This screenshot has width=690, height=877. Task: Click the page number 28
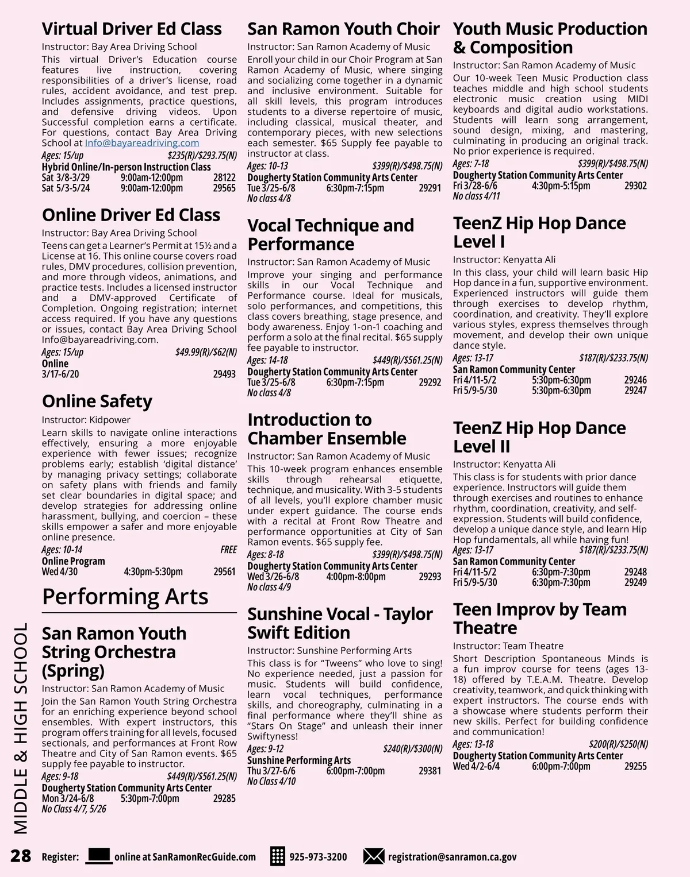pyautogui.click(x=21, y=856)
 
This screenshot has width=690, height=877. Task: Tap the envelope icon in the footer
pyautogui.click(x=373, y=856)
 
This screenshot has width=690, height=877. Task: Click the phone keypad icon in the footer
pyautogui.click(x=277, y=856)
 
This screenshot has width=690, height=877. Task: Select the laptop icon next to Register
pyautogui.click(x=98, y=856)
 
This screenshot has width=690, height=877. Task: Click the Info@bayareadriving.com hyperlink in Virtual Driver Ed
pyautogui.click(x=141, y=143)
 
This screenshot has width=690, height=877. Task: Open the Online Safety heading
pyautogui.click(x=97, y=401)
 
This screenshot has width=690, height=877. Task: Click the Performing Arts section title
pyautogui.click(x=125, y=597)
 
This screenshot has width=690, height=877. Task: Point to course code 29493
pyautogui.click(x=224, y=374)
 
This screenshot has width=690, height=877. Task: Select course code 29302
pyautogui.click(x=635, y=186)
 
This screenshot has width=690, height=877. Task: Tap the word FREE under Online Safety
pyautogui.click(x=228, y=550)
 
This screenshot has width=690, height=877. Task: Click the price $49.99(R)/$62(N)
pyautogui.click(x=206, y=352)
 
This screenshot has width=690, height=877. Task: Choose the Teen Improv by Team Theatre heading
pyautogui.click(x=539, y=619)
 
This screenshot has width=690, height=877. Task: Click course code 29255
pyautogui.click(x=635, y=766)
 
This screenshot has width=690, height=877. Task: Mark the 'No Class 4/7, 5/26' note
pyautogui.click(x=74, y=809)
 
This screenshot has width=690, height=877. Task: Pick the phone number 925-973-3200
pyautogui.click(x=318, y=856)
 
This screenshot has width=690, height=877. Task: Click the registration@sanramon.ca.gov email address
pyautogui.click(x=452, y=856)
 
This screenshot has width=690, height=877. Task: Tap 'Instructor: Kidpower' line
pyautogui.click(x=86, y=420)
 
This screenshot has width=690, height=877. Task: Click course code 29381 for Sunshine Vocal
pyautogui.click(x=430, y=771)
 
